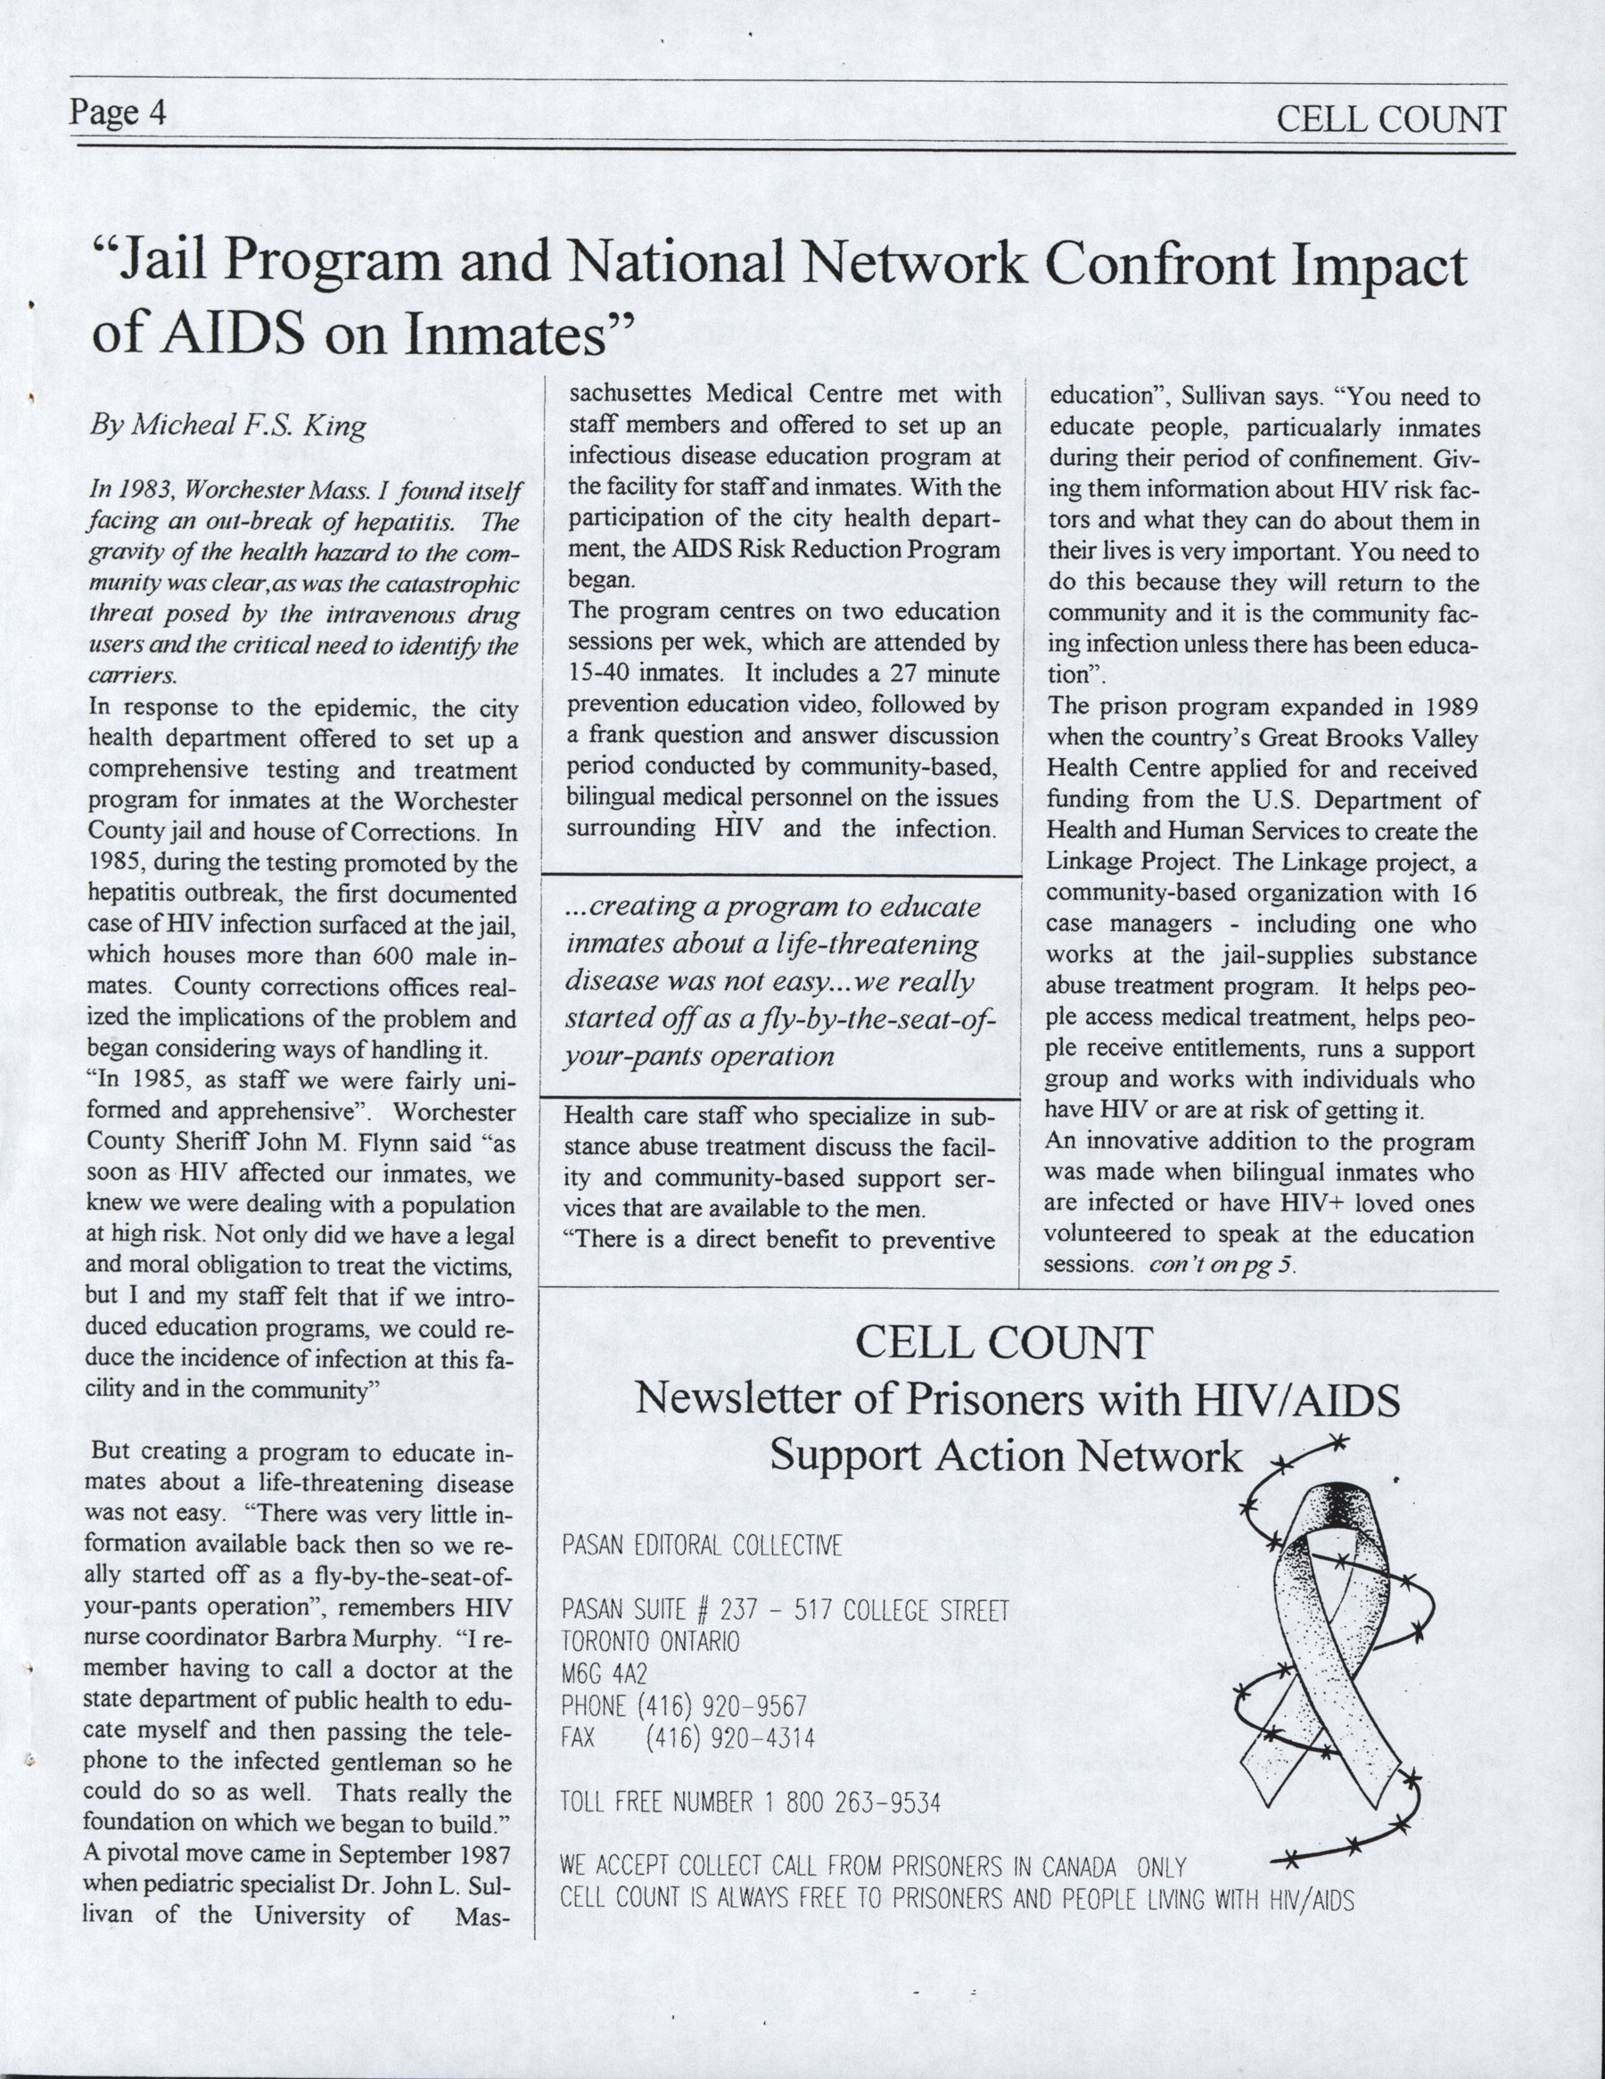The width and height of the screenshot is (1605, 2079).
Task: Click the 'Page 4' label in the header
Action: [118, 113]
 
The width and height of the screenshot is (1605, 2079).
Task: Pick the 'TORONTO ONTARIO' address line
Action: [650, 1641]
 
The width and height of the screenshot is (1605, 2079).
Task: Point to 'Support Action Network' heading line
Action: [1005, 1456]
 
